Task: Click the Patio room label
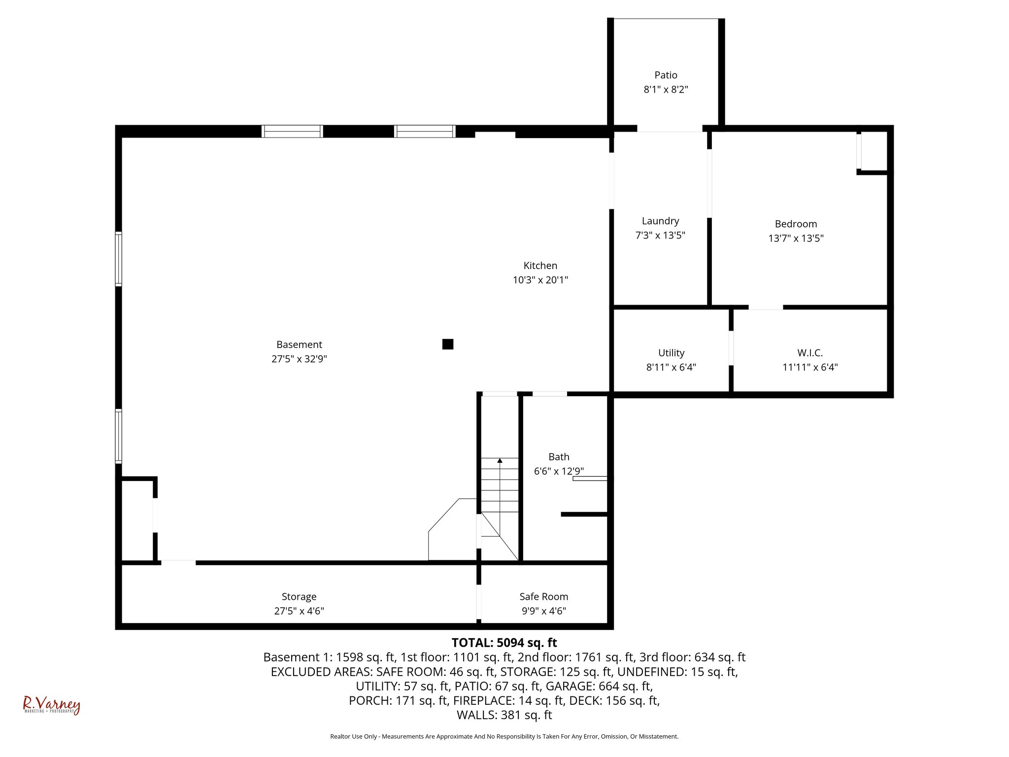[x=666, y=75]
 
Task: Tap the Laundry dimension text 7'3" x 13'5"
[x=660, y=236]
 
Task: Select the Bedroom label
[x=796, y=224]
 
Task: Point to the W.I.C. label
[x=810, y=353]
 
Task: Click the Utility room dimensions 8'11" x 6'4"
[x=671, y=367]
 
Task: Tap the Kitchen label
[x=540, y=266]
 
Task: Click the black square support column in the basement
[x=447, y=344]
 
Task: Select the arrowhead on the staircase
[x=500, y=461]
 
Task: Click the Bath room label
[x=559, y=457]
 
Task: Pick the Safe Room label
[x=543, y=597]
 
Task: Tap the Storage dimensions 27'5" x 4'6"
[x=299, y=611]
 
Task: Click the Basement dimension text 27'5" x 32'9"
[x=299, y=359]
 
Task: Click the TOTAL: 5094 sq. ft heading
[x=504, y=643]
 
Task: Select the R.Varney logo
[x=51, y=705]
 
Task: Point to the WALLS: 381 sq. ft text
[x=504, y=715]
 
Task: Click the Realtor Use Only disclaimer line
[x=504, y=736]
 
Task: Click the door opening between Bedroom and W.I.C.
[x=765, y=307]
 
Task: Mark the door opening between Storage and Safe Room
[x=478, y=601]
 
